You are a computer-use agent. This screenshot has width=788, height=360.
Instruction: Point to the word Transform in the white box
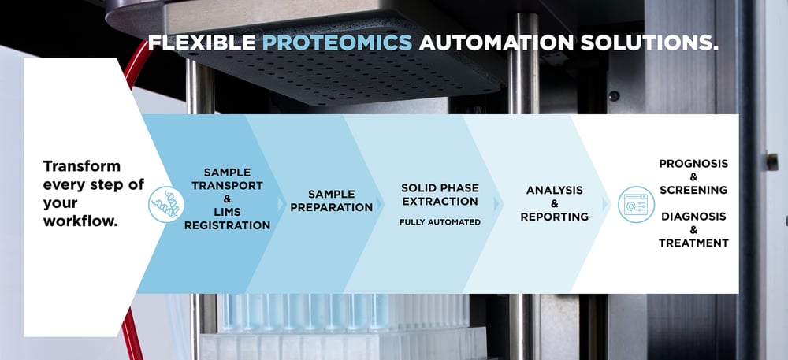pos(82,166)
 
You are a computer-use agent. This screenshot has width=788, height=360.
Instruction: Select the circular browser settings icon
pos(635,204)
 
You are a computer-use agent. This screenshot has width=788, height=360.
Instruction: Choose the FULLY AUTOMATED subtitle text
pos(440,222)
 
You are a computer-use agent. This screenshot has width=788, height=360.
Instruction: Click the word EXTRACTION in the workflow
pos(440,201)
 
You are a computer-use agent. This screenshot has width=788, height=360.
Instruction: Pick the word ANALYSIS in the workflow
pos(554,190)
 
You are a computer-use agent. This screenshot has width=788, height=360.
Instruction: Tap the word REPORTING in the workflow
pos(554,217)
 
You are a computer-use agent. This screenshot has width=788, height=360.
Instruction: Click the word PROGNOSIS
pos(693,163)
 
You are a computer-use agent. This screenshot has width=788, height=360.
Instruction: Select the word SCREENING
pos(693,190)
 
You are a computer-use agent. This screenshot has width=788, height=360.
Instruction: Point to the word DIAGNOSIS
pos(693,216)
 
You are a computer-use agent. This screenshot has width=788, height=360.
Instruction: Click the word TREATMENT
pos(693,243)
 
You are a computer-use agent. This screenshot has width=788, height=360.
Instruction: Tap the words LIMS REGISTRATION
pos(227,218)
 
